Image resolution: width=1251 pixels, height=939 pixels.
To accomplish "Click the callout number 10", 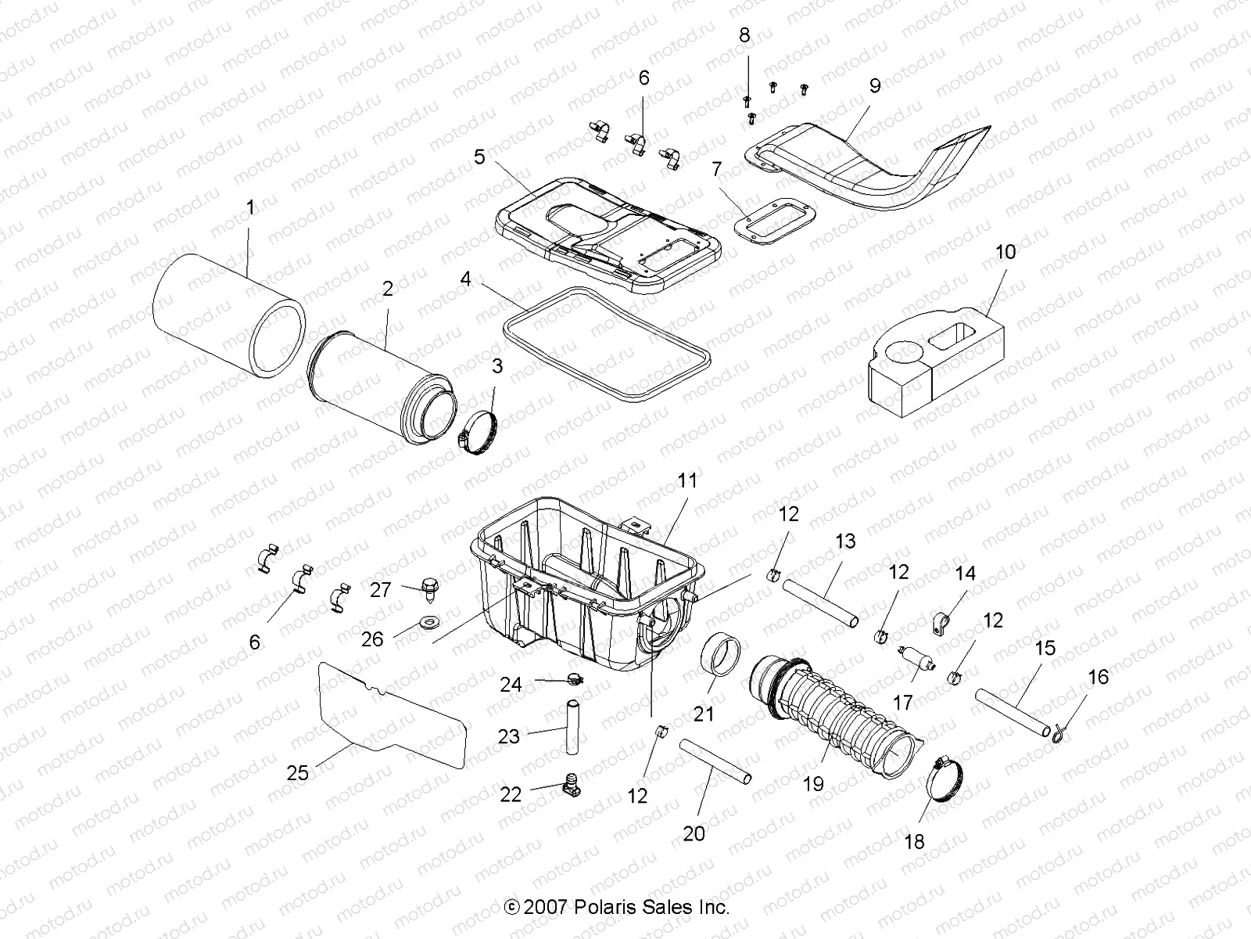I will pyautogui.click(x=1005, y=252).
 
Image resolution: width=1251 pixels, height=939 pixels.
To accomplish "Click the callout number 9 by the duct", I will pyautogui.click(x=874, y=86).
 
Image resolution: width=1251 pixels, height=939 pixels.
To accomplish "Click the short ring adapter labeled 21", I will pyautogui.click(x=722, y=664).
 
